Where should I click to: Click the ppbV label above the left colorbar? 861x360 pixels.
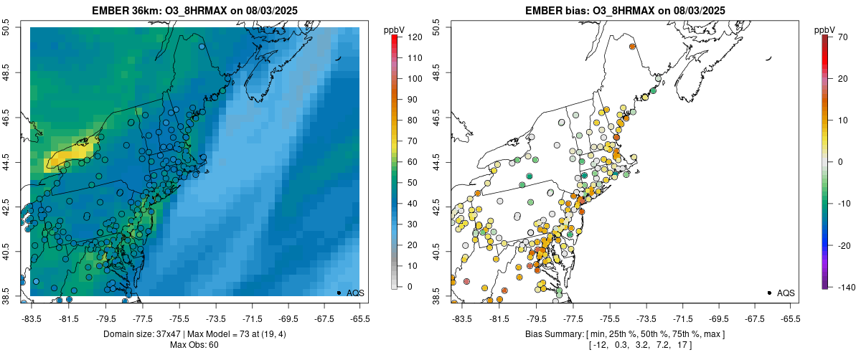(395, 29)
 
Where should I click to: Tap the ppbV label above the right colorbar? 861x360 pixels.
(825, 29)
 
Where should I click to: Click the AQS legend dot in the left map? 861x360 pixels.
(338, 293)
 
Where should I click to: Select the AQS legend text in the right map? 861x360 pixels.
(786, 293)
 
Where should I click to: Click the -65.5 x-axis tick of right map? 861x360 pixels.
(791, 318)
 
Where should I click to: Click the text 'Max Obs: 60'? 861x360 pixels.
(194, 346)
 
